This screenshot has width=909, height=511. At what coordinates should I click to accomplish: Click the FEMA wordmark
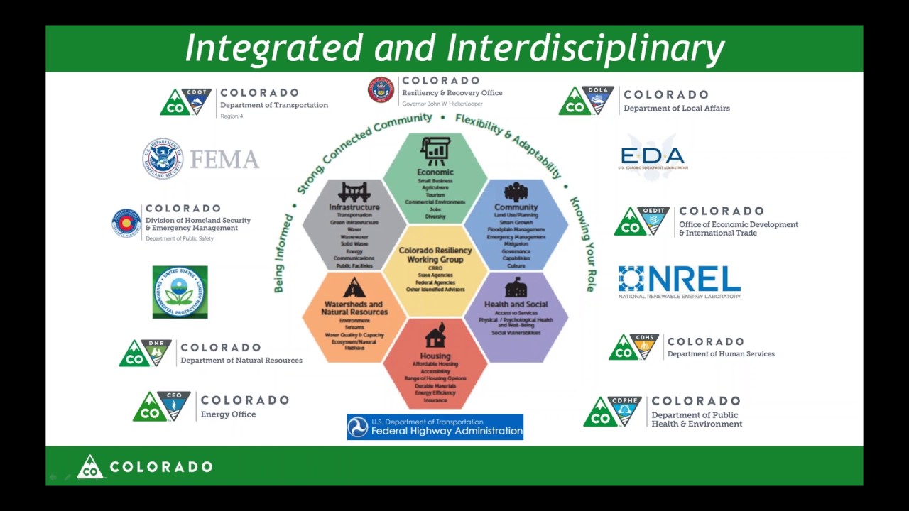point(224,160)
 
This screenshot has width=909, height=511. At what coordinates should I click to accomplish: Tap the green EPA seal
point(180,292)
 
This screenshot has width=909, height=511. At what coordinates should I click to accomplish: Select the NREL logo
point(679,282)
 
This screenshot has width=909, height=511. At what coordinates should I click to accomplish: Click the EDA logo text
point(652,156)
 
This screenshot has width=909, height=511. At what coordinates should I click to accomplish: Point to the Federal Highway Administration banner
point(435,427)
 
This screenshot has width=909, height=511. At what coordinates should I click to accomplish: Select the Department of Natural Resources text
point(241,360)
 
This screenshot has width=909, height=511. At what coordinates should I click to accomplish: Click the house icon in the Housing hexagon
point(435,336)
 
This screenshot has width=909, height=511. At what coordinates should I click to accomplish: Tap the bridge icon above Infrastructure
point(354,192)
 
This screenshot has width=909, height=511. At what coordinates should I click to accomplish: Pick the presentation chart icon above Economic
point(435,151)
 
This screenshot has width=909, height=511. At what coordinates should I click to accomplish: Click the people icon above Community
point(516,192)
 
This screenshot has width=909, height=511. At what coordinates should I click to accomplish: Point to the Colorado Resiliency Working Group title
point(435,255)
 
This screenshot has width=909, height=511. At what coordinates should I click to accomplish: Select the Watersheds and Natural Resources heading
point(354,308)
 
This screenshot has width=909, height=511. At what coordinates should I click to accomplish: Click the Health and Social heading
point(516,304)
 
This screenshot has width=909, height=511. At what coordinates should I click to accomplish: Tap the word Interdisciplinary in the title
point(586,48)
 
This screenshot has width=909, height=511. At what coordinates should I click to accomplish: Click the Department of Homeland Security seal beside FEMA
point(163,158)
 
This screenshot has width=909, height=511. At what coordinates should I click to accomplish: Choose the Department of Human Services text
point(721,353)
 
